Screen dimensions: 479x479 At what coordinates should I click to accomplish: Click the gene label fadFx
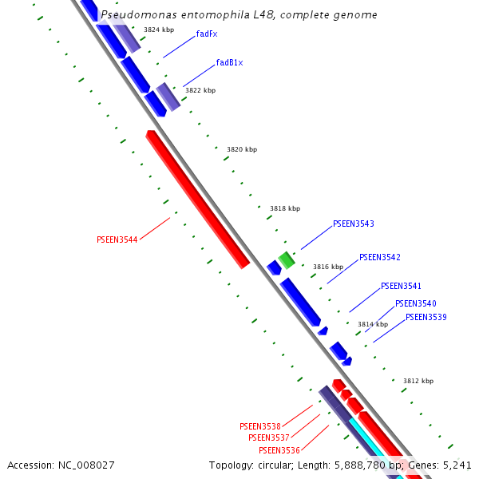pyautogui.click(x=206, y=34)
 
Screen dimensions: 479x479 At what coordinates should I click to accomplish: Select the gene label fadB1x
pyautogui.click(x=229, y=63)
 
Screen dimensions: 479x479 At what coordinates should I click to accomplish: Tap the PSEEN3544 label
pyautogui.click(x=117, y=239)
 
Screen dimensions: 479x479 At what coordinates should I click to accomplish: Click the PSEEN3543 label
pyautogui.click(x=353, y=224)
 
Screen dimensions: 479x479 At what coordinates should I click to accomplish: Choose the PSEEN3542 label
pyautogui.click(x=379, y=258)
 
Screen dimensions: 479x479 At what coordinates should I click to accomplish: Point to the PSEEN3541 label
pyautogui.click(x=401, y=287)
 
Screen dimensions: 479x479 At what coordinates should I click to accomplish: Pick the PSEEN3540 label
pyautogui.click(x=415, y=304)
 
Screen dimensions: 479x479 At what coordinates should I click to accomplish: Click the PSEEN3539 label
pyautogui.click(x=426, y=318)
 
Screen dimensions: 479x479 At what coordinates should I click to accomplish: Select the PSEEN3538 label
pyautogui.click(x=259, y=427)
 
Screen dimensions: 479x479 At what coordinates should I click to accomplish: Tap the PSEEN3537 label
pyautogui.click(x=268, y=437)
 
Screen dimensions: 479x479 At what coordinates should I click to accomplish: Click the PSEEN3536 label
pyautogui.click(x=279, y=451)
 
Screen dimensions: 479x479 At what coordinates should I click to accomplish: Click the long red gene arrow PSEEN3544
pyautogui.click(x=197, y=200)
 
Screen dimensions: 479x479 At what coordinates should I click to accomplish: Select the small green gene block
pyautogui.click(x=287, y=259)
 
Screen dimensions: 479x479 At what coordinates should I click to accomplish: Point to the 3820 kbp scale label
pyautogui.click(x=242, y=149)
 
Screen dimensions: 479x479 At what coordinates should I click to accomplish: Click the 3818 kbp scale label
pyautogui.click(x=285, y=208)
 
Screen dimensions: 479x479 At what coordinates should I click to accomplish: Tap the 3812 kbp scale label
pyautogui.click(x=418, y=381)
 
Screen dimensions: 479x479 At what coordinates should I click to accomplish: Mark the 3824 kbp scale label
pyautogui.click(x=159, y=30)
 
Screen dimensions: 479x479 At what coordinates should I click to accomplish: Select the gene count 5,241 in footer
pyautogui.click(x=456, y=465)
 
